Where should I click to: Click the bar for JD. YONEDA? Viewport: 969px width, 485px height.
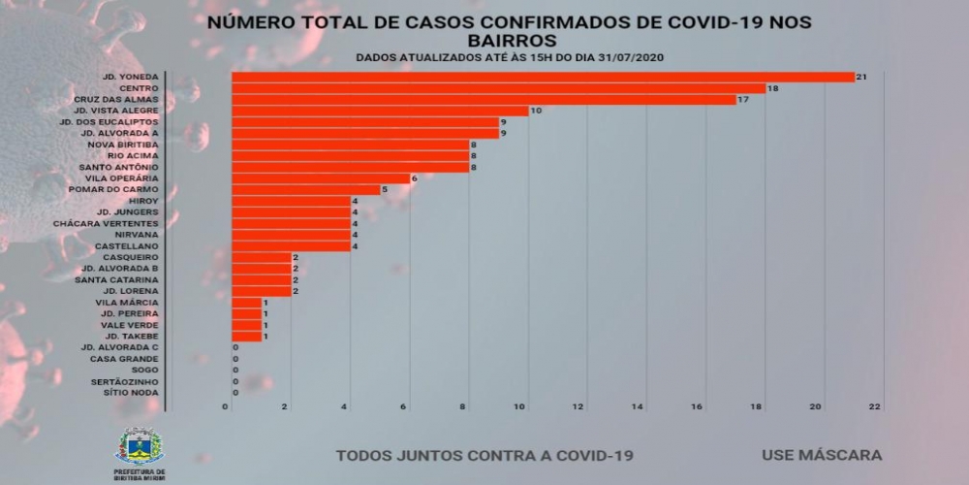click(543, 77)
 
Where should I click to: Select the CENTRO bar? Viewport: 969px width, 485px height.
click(499, 88)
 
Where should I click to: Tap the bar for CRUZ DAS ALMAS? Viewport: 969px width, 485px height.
click(484, 100)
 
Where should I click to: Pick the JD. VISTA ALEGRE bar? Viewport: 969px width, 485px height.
click(380, 111)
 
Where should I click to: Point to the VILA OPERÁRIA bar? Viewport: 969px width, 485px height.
click(321, 178)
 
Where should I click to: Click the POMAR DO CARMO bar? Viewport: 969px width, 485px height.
click(306, 190)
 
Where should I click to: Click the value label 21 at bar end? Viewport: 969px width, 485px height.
click(860, 77)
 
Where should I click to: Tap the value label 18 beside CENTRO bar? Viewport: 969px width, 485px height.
click(772, 88)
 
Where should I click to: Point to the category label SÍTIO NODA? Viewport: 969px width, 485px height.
click(132, 392)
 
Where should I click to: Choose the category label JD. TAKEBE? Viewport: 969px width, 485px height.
click(131, 336)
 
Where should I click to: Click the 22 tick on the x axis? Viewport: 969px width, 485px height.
click(875, 407)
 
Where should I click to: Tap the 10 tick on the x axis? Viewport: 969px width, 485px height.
click(521, 407)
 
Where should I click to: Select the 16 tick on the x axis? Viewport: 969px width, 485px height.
click(698, 407)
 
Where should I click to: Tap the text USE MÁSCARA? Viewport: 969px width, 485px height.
click(821, 454)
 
